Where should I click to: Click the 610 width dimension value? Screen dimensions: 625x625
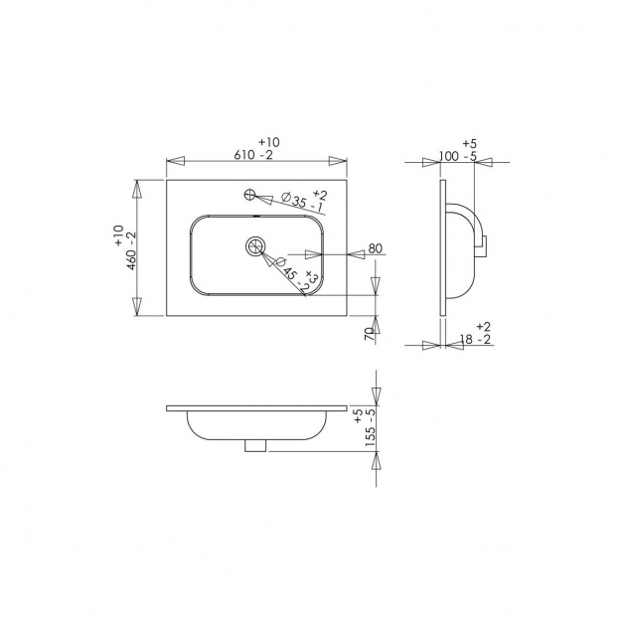tap(244, 155)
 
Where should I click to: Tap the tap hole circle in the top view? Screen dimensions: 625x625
tap(249, 195)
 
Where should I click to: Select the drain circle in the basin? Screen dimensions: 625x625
tap(255, 246)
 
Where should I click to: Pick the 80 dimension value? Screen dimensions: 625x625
tap(375, 248)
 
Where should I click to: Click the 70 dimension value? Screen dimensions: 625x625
tap(370, 334)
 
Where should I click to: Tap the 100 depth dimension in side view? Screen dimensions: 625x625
tap(448, 156)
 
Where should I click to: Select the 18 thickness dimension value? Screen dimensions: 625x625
tap(466, 340)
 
